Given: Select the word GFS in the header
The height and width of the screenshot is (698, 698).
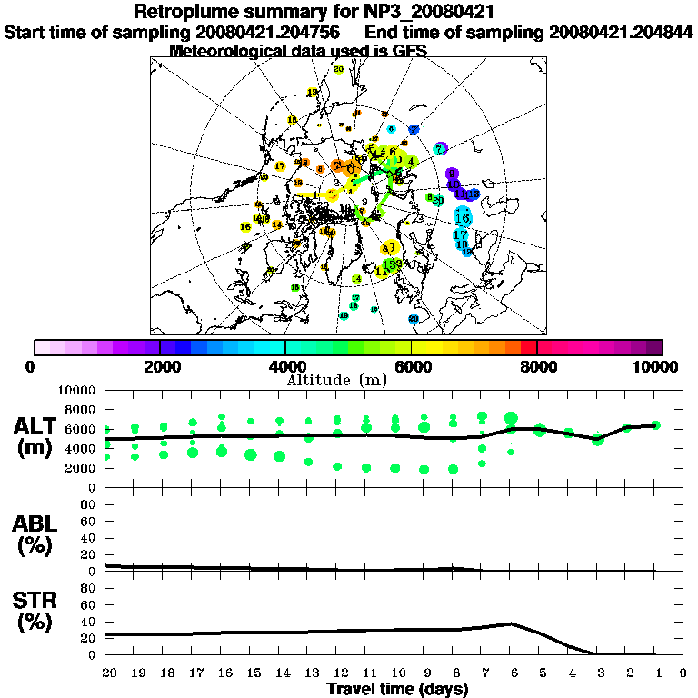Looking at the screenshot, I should (x=409, y=50).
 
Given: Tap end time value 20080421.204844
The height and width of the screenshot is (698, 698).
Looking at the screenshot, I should (x=622, y=32).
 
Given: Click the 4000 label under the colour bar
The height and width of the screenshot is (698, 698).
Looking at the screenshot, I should (x=285, y=366).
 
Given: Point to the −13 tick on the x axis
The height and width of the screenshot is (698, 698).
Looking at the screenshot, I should (x=309, y=673).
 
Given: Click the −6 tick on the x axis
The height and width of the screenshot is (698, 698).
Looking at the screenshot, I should (x=512, y=673).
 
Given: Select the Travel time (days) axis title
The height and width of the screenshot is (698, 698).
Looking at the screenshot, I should (x=397, y=689).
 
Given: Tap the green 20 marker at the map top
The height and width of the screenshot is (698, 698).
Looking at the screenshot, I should (x=338, y=69).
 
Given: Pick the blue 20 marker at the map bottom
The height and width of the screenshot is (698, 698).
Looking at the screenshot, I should (x=414, y=319).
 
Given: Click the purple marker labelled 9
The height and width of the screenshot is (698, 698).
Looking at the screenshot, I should (x=452, y=174).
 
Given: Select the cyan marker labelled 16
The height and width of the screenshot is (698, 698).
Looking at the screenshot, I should (x=462, y=217).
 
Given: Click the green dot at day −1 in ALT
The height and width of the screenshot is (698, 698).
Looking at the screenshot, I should (x=656, y=424).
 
